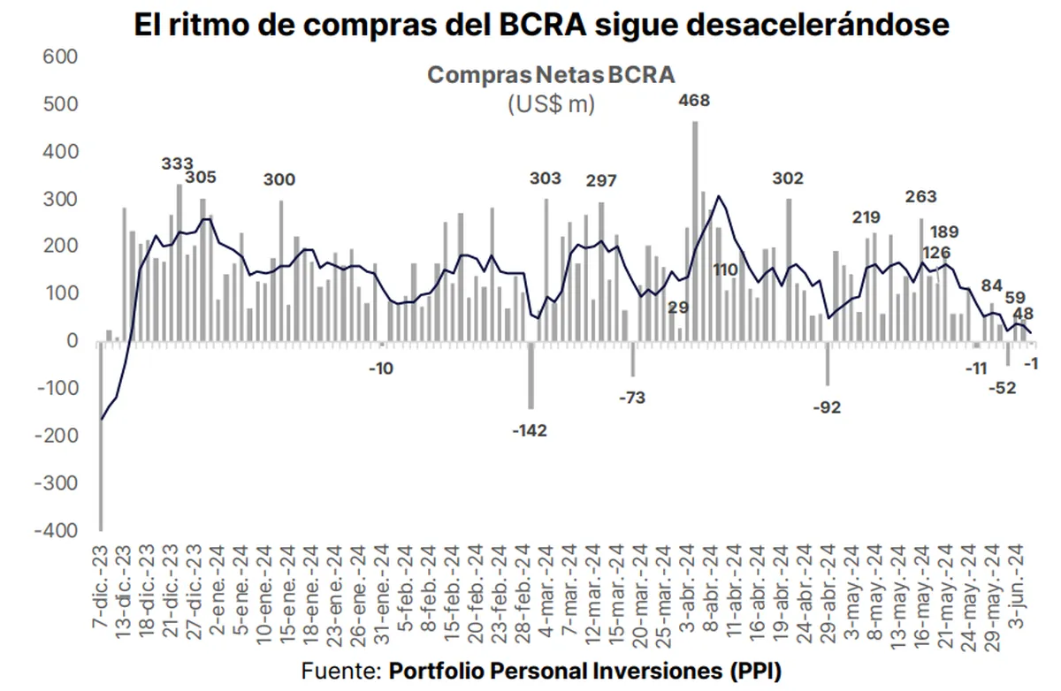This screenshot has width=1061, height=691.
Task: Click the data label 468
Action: click(x=693, y=101)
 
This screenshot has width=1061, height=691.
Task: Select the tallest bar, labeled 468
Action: click(x=695, y=230)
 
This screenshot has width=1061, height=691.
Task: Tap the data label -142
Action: click(x=530, y=430)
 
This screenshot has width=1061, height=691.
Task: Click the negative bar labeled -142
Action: click(x=530, y=375)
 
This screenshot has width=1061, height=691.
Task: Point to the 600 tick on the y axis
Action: click(x=60, y=57)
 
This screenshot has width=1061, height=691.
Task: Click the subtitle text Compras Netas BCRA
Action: click(x=551, y=73)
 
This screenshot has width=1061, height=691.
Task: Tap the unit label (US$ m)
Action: click(x=551, y=103)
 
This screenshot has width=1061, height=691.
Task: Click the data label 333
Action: click(x=178, y=164)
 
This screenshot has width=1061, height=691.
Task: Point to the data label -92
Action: click(x=828, y=407)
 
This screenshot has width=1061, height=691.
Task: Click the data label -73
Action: click(x=631, y=398)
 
